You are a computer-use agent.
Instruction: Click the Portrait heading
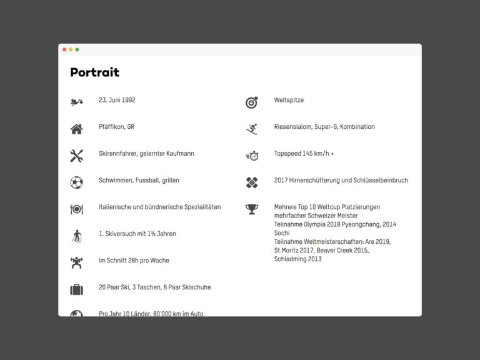tap(94, 72)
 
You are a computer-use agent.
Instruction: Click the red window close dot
tap(64, 49)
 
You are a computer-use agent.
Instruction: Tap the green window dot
tap(77, 49)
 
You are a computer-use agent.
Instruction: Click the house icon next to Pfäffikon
tap(76, 129)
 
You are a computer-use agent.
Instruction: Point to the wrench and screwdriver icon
tap(76, 156)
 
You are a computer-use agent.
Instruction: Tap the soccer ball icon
tap(76, 182)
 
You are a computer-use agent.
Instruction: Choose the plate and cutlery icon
tap(76, 209)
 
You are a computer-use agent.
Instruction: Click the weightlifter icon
tap(76, 262)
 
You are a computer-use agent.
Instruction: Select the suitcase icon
tap(76, 289)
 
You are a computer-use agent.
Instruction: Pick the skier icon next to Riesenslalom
tap(251, 129)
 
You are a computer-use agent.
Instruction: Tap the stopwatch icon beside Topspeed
tap(251, 156)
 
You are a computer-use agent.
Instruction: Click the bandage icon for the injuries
tap(251, 182)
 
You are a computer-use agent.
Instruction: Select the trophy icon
tap(251, 209)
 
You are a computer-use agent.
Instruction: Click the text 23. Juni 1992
tap(117, 100)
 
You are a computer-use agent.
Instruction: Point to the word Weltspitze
tap(289, 100)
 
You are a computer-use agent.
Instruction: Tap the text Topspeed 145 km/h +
tap(304, 154)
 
